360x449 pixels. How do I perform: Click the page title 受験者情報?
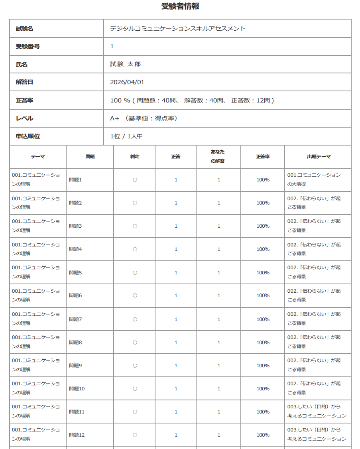coord(180,6)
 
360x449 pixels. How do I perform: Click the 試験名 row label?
coord(25,28)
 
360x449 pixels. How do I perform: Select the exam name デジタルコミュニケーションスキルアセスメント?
coord(178,28)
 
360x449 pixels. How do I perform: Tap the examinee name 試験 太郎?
coord(126,64)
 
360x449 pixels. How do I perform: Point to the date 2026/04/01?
coord(127,82)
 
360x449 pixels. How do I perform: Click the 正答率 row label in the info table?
coord(25,100)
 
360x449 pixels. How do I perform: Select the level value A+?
coord(115,118)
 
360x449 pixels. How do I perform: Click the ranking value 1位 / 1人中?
coord(126,136)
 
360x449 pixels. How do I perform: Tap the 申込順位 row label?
coord(28,136)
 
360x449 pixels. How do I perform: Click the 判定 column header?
coord(135,156)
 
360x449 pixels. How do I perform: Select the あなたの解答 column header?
coord(218,156)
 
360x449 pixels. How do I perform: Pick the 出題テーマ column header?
coord(319,156)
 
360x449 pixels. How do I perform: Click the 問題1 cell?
coord(75,180)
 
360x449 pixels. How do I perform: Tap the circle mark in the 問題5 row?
coord(135,273)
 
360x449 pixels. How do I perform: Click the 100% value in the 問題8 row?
coord(263,342)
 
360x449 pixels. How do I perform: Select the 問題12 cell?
coord(77,435)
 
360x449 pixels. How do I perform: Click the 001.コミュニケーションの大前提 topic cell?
coord(314,179)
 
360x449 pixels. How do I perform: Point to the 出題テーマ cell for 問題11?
coord(317,411)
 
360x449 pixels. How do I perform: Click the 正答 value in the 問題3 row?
coord(176,226)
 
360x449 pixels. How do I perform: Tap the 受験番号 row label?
coord(28,46)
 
